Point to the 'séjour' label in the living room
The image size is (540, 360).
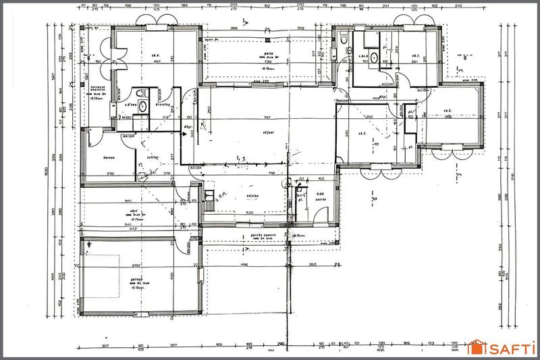pos(268,134)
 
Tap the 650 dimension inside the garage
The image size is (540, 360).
pos(136,265)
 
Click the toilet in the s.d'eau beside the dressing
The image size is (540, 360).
pos(140,94)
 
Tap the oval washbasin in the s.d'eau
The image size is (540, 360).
pos(142,107)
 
